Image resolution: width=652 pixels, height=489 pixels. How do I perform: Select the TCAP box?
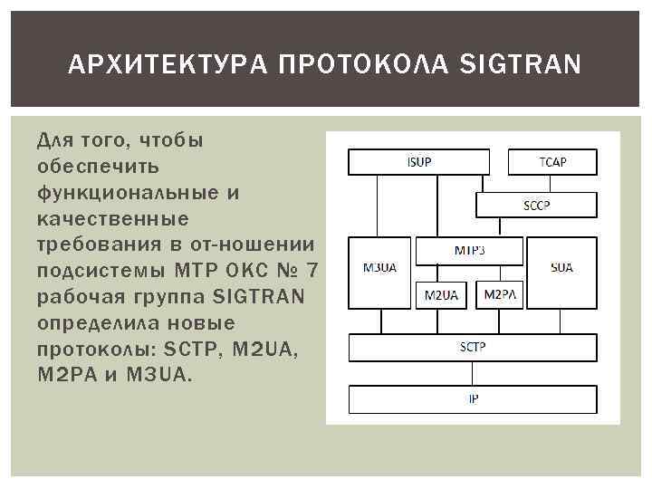(552, 162)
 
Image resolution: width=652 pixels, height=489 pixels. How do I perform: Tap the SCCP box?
(536, 205)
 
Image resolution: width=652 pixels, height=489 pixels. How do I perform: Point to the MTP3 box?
(468, 250)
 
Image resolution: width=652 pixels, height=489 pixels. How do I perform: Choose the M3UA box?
(379, 269)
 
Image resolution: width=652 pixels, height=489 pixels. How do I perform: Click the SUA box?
(561, 269)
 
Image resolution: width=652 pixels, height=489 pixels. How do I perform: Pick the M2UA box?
(441, 294)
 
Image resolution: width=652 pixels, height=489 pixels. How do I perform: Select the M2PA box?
(500, 294)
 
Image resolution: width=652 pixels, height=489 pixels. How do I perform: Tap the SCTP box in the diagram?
(473, 347)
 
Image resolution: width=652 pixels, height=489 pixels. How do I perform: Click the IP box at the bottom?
(473, 399)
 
